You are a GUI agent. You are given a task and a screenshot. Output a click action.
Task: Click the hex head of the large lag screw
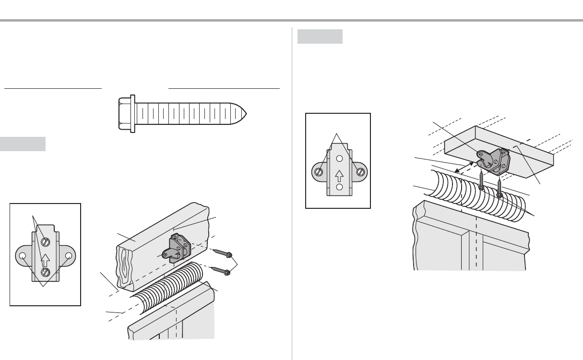pos(126,114)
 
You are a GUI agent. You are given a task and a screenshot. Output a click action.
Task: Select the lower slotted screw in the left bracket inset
pos(45,272)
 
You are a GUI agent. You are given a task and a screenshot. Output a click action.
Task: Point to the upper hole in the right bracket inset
pos(339,159)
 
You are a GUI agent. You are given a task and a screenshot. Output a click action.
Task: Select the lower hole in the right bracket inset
pos(339,187)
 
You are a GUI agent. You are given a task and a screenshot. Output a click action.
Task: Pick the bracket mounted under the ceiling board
pos(492,158)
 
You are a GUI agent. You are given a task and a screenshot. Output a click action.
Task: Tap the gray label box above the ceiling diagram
pos(320,36)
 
